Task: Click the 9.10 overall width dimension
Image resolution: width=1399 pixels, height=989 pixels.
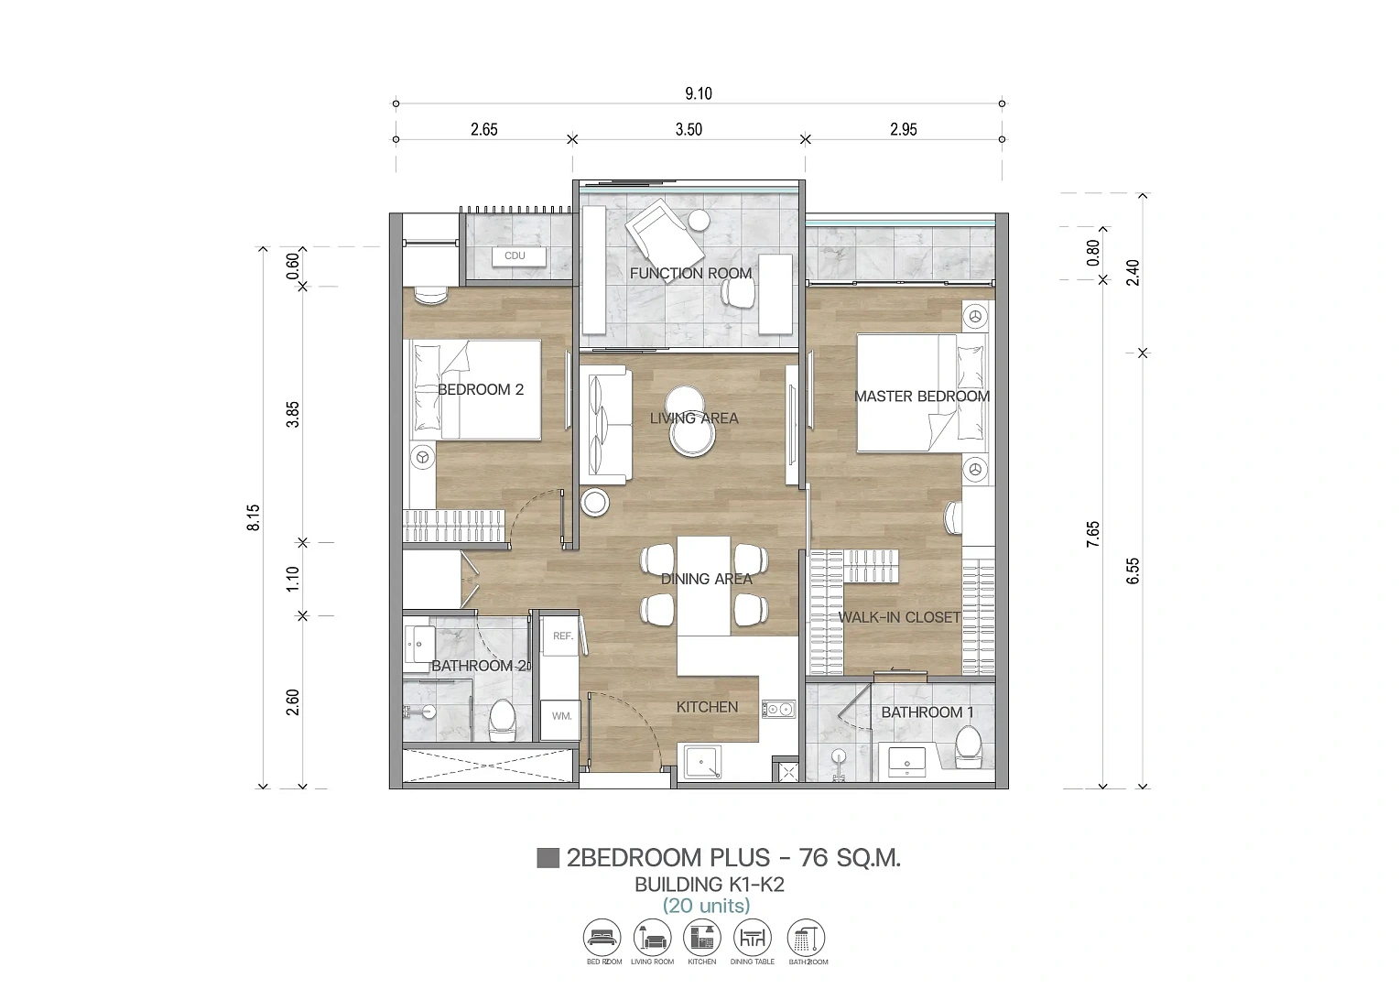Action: (699, 93)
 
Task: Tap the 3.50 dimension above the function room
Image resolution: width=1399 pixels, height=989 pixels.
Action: (689, 129)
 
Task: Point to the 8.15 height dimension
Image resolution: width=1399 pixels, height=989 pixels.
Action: (254, 517)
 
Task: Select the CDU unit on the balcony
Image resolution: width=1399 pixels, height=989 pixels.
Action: (519, 256)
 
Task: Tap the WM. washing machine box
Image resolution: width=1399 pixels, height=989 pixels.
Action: (561, 717)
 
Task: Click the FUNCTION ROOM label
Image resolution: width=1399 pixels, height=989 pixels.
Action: (690, 273)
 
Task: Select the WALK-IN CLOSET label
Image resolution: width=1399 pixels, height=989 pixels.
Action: (899, 617)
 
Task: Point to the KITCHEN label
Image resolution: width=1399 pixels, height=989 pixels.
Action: (707, 707)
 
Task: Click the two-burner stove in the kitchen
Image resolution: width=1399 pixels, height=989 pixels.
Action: (779, 709)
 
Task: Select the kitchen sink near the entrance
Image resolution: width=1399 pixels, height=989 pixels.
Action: (702, 762)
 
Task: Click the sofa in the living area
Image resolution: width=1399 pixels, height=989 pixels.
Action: (604, 425)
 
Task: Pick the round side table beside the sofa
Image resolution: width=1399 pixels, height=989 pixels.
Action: (594, 503)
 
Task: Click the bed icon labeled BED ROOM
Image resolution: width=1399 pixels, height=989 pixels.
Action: (602, 938)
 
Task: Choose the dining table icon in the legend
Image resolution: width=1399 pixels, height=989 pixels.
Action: (753, 938)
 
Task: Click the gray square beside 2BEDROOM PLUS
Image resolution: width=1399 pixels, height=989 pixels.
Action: (548, 858)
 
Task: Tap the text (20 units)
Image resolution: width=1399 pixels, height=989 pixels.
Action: (707, 906)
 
